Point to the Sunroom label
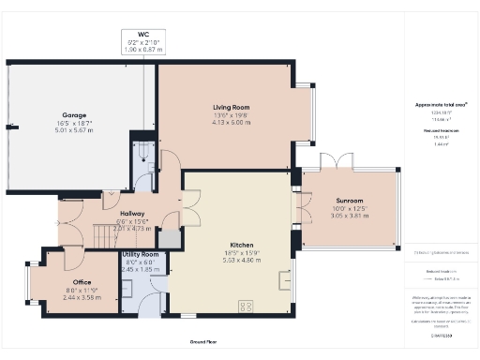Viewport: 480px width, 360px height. (350, 201)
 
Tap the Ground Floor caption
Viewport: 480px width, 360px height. (205, 343)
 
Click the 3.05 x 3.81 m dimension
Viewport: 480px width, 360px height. (350, 215)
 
